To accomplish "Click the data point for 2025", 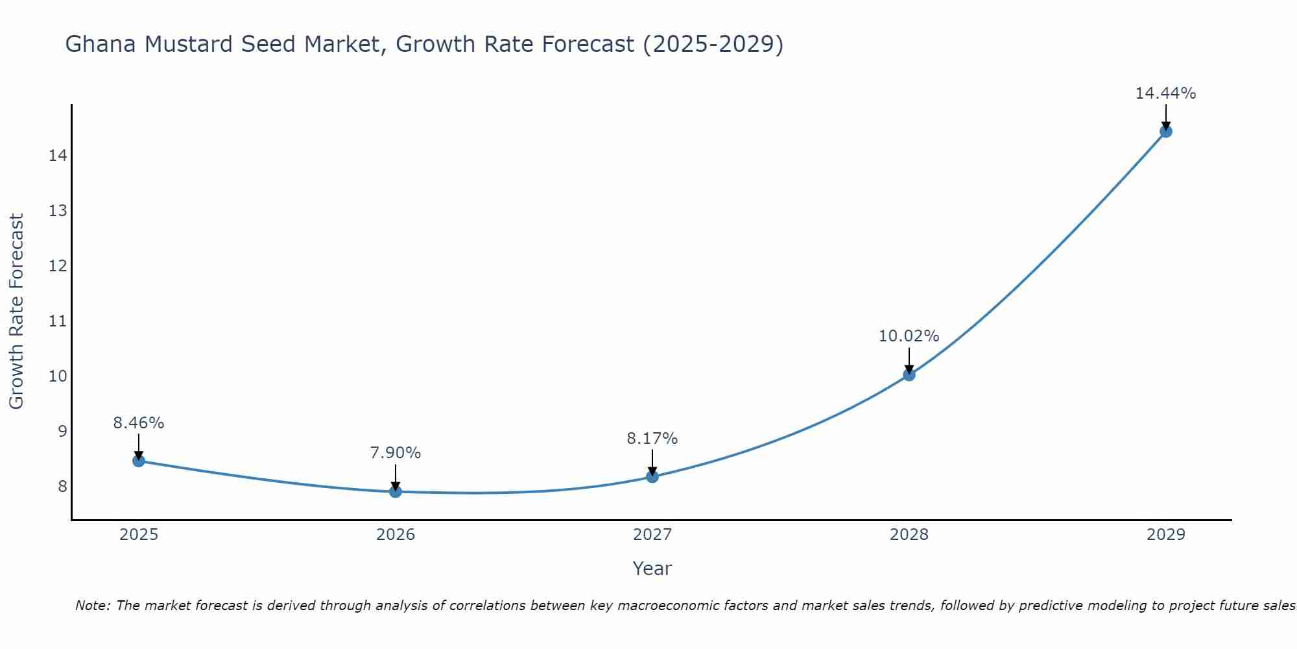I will [138, 461].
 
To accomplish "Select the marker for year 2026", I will [395, 491].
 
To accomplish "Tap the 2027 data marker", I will [652, 476].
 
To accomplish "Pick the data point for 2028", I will [909, 374].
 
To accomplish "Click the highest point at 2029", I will [1165, 132].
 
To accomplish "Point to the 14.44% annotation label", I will [1165, 93].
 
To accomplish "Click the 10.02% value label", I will [909, 336].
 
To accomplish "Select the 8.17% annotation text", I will [652, 439].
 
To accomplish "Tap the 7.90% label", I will [395, 453].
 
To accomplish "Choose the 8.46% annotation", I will [138, 423].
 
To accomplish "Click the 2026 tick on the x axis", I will [396, 535].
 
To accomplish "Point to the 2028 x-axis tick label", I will [909, 535].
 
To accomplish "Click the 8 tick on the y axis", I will [62, 486].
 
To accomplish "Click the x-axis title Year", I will [652, 569].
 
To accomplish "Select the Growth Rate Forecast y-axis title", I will [16, 312].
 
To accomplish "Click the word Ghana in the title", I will [101, 44].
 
